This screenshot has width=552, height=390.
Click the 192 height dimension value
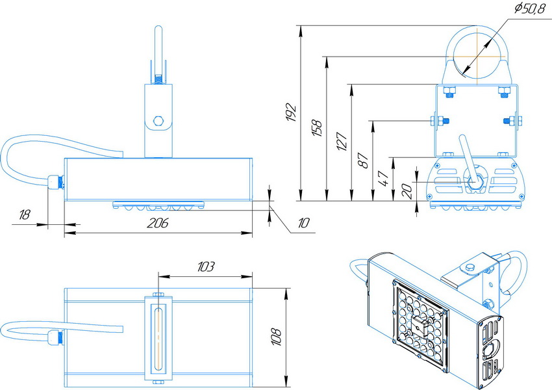pos(292,112)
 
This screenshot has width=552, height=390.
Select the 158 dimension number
pos(317,128)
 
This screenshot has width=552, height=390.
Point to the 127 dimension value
pos(342,141)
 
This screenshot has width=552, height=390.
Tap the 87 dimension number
pos(363,161)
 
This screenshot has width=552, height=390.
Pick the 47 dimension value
pos(383,178)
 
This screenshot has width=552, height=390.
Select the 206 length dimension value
pos(157,223)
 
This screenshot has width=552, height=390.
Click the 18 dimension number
pos(24,214)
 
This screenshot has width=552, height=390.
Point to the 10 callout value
pos(303,223)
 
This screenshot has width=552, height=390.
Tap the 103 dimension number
pos(205,266)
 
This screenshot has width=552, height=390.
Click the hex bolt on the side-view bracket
pos(158,121)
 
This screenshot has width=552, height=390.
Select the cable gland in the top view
pos(56,337)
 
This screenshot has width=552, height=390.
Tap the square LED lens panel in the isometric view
pos(420,326)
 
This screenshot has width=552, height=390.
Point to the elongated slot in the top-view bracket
pos(158,338)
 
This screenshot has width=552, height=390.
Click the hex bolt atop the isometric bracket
pos(470,267)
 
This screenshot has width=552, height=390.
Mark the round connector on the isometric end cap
pos(490,350)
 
